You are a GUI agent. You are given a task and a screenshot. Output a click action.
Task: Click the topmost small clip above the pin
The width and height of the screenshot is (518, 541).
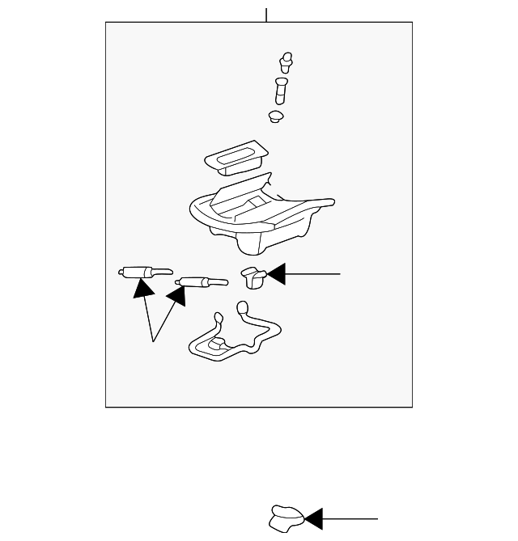click(285, 60)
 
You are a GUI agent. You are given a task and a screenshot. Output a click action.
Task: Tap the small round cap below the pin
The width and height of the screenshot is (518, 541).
click(277, 117)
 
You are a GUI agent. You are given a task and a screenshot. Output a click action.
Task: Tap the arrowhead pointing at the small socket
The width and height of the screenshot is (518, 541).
click(277, 274)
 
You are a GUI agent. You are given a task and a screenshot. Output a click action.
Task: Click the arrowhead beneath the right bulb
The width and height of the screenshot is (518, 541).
click(176, 296)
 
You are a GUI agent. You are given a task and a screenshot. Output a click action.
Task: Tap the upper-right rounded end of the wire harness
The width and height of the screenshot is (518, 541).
click(241, 306)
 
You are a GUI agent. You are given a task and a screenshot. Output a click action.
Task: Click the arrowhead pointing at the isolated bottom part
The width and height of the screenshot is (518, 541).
click(313, 518)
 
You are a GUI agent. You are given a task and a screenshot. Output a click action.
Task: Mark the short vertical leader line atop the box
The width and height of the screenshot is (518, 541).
click(266, 15)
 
